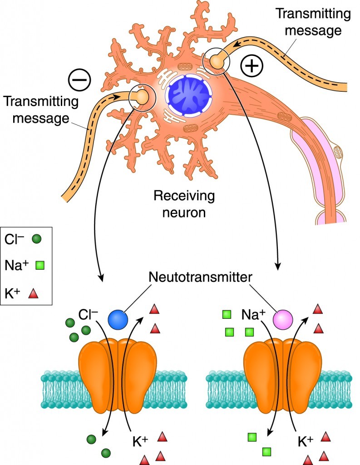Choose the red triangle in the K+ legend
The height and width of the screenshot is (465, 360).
[x=33, y=293]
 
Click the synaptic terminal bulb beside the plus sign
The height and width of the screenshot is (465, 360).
[x=217, y=61]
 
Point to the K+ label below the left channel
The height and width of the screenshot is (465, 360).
[x=138, y=440]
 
